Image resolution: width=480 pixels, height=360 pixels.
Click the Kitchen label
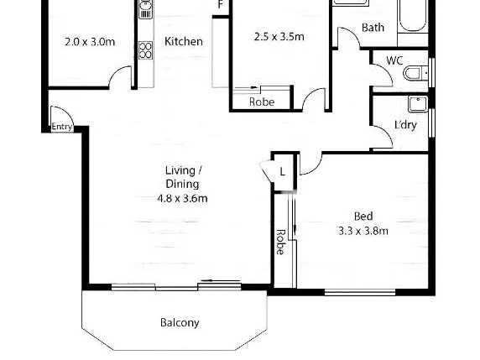[184, 41]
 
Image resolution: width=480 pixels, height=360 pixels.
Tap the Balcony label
[180, 322]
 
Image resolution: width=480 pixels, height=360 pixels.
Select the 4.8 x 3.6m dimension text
[182, 199]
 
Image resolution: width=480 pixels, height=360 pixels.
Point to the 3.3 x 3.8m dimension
[363, 231]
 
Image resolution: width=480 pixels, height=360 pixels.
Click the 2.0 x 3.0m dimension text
[90, 42]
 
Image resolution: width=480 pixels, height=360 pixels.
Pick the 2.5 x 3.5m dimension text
[279, 37]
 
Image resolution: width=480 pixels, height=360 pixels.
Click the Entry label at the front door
[62, 127]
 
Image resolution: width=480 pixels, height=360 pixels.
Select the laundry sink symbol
[418, 104]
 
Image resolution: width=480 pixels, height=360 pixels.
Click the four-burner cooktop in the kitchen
[145, 50]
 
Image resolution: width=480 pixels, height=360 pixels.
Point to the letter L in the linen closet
[282, 172]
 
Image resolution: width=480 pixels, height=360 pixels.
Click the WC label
[394, 60]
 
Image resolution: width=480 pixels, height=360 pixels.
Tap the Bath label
[373, 28]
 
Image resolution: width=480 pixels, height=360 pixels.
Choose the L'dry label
[405, 125]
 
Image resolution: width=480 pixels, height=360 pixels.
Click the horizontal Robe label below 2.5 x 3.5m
[262, 102]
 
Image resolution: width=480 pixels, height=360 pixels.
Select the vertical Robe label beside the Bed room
[280, 242]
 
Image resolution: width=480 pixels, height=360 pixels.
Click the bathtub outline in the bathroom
[412, 15]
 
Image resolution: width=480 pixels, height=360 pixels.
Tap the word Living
[180, 170]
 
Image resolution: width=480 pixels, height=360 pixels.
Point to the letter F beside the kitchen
[221, 4]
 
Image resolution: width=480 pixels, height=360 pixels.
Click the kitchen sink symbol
[145, 8]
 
